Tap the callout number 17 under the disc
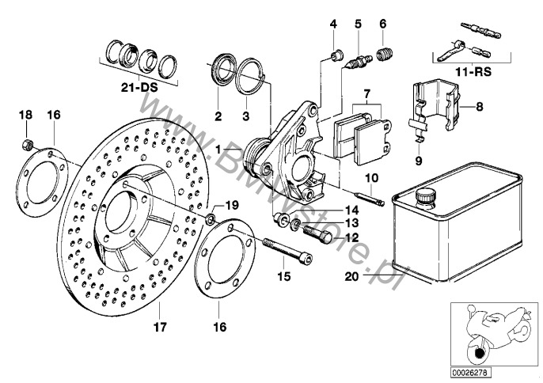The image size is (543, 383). click(160, 327)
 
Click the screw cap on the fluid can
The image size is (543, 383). click(426, 198)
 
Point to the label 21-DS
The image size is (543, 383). click(139, 87)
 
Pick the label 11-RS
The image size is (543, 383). click(473, 72)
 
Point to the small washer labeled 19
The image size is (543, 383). click(211, 219)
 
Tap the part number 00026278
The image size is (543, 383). click(471, 373)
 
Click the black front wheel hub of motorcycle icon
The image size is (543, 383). click(480, 354)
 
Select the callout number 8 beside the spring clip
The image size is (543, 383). click(480, 106)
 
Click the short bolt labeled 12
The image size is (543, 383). click(317, 233)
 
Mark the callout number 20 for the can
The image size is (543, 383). click(351, 277)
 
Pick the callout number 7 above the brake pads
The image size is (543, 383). click(366, 93)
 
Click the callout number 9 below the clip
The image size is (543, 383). click(419, 161)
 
